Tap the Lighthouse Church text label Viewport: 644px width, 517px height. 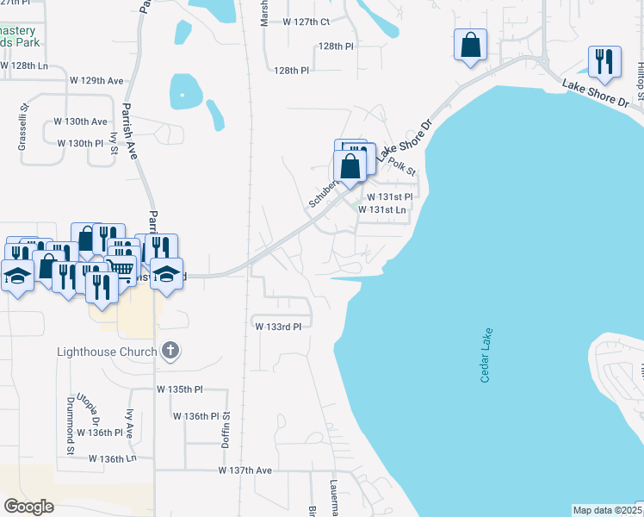coord(107,352)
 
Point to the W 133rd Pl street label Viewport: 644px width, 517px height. coord(278,327)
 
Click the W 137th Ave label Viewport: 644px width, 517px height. coord(245,470)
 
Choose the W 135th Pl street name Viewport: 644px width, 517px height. coord(179,389)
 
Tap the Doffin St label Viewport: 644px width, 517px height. coord(228,428)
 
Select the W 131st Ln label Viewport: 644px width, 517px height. coord(381,209)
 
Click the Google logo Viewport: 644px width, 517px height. coord(29,507)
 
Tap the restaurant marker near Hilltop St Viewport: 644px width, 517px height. coord(604,61)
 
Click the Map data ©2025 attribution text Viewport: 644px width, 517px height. coord(606,510)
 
